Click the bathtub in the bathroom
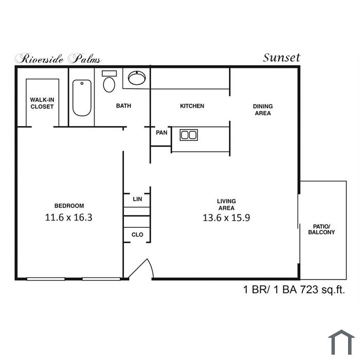[82, 98]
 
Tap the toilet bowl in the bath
[109, 84]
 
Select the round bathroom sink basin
[137, 78]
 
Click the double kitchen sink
[189, 135]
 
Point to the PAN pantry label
[161, 133]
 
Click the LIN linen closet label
[137, 199]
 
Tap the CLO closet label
[137, 235]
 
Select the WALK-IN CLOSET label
[42, 103]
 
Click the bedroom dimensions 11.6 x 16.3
[68, 218]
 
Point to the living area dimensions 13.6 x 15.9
[226, 218]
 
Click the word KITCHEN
[192, 106]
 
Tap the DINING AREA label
[263, 110]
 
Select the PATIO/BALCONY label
[321, 229]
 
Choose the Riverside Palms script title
[58, 59]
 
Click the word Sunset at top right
[281, 58]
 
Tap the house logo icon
[341, 342]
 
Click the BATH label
[123, 106]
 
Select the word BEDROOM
[69, 206]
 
